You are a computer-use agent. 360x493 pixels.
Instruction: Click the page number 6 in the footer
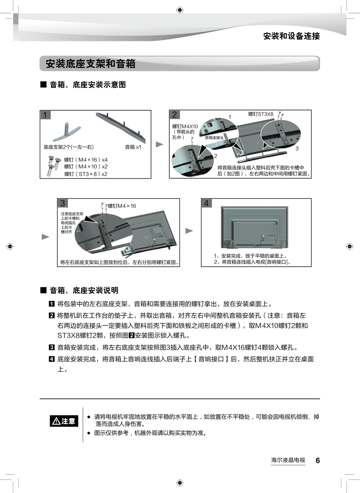(x=318, y=460)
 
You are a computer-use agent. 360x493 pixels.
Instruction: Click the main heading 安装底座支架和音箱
(x=90, y=64)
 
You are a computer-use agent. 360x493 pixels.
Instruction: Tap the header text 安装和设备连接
(x=291, y=36)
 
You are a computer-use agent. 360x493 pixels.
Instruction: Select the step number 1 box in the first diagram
(x=45, y=115)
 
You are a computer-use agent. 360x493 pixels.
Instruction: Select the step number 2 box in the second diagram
(x=174, y=115)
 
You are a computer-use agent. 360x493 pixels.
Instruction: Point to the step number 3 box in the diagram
(x=62, y=203)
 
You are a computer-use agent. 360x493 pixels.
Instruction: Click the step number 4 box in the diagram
(x=206, y=203)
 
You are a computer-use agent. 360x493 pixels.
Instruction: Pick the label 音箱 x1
(x=133, y=147)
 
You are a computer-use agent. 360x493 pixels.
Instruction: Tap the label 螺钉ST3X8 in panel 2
(x=261, y=114)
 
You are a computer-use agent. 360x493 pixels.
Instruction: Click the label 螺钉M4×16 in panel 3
(x=122, y=206)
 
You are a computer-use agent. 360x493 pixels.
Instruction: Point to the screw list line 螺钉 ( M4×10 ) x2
(x=86, y=167)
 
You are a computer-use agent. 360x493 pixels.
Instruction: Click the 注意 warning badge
(x=64, y=421)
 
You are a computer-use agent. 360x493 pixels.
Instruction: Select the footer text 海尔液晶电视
(x=288, y=460)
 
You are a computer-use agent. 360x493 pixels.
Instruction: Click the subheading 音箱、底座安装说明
(x=84, y=290)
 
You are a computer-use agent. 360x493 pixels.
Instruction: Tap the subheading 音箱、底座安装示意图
(x=87, y=85)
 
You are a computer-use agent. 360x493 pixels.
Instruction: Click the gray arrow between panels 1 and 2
(x=160, y=144)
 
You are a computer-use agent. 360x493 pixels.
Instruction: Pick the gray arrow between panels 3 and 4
(x=190, y=231)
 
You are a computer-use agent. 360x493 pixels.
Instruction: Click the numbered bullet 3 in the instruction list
(x=52, y=348)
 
